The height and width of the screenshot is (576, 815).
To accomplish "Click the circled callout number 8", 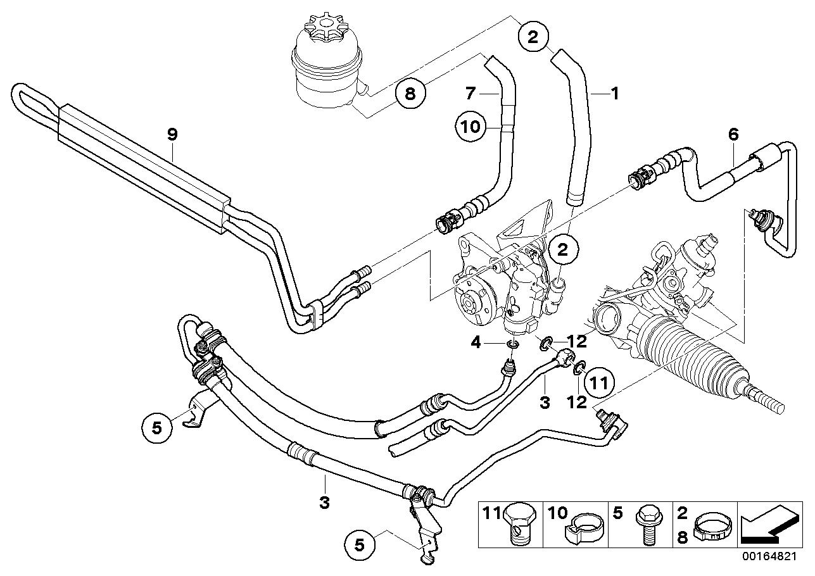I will click(x=410, y=94).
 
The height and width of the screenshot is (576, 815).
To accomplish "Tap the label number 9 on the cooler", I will click(x=172, y=134).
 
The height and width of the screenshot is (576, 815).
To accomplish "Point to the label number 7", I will click(x=470, y=93).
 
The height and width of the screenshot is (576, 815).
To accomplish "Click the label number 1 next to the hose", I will click(x=613, y=93).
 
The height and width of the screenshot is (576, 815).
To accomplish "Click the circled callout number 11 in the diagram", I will click(x=598, y=382).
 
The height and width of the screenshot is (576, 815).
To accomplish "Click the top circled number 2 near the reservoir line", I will click(x=533, y=37).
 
